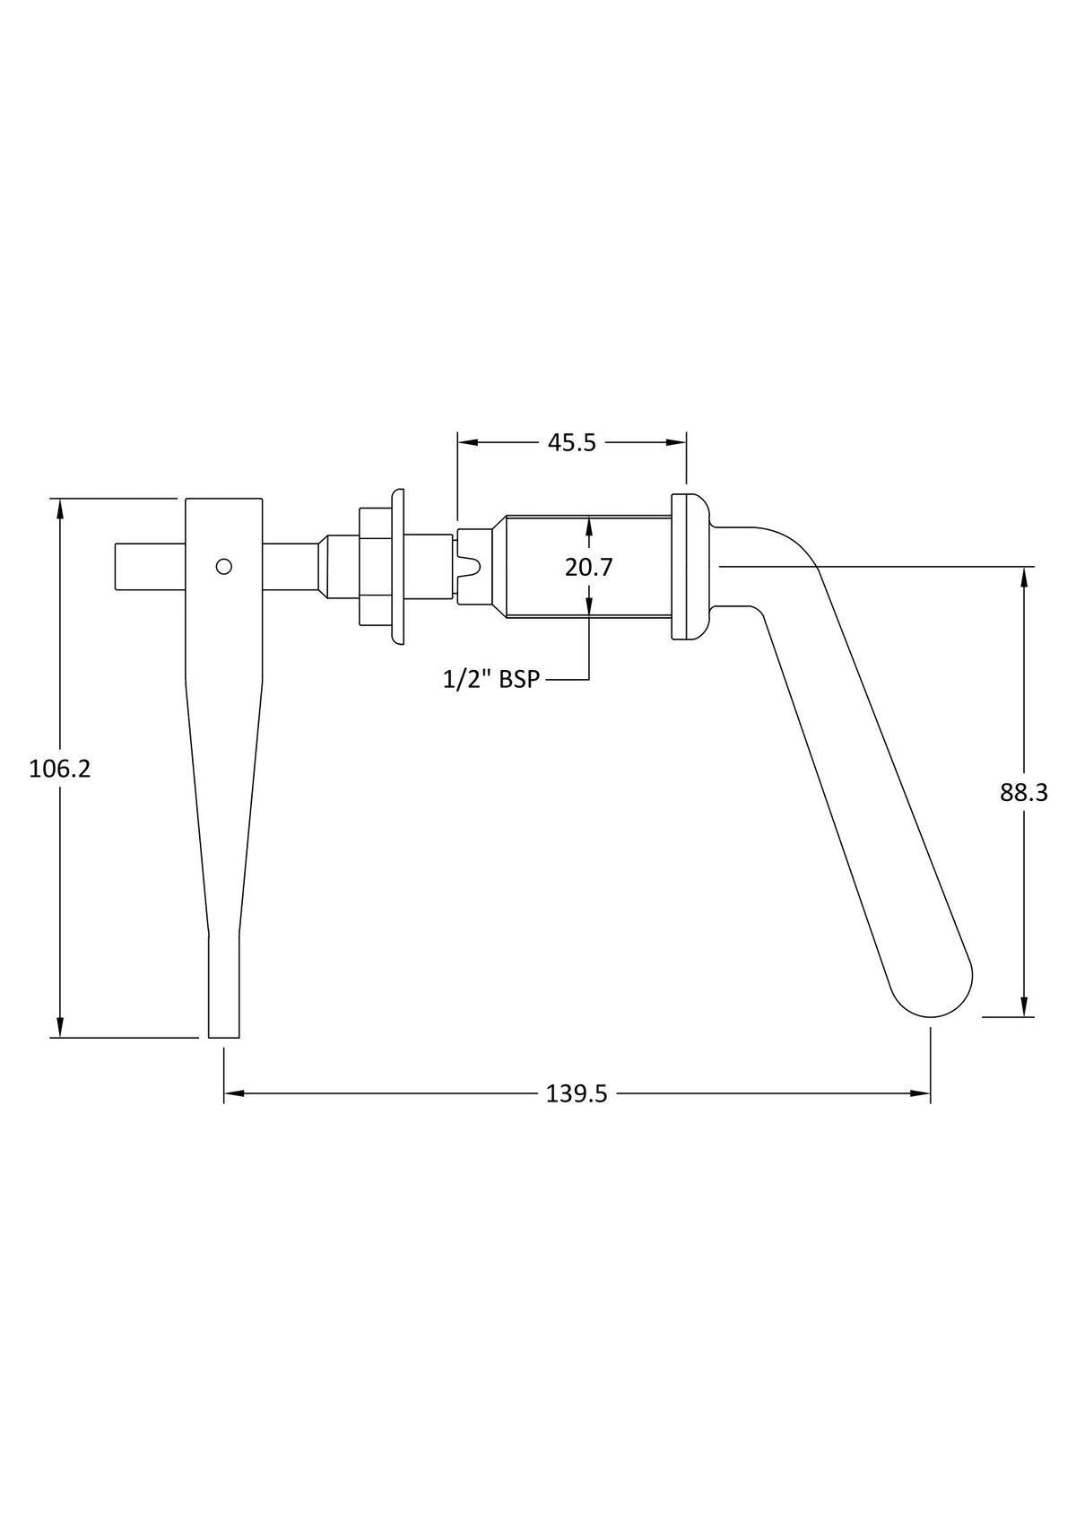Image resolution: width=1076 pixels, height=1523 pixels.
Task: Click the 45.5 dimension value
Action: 572,443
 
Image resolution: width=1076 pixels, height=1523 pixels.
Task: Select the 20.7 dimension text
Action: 588,567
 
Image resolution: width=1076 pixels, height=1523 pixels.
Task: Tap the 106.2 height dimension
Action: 60,769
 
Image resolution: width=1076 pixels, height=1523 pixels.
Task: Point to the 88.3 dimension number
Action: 1024,793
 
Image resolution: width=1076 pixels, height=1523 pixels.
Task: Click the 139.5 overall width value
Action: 577,1094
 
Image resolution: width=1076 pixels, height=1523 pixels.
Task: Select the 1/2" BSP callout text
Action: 490,679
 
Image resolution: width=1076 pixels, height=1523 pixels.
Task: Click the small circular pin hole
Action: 223,566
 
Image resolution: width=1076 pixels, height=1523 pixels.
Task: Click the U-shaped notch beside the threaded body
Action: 471,566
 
